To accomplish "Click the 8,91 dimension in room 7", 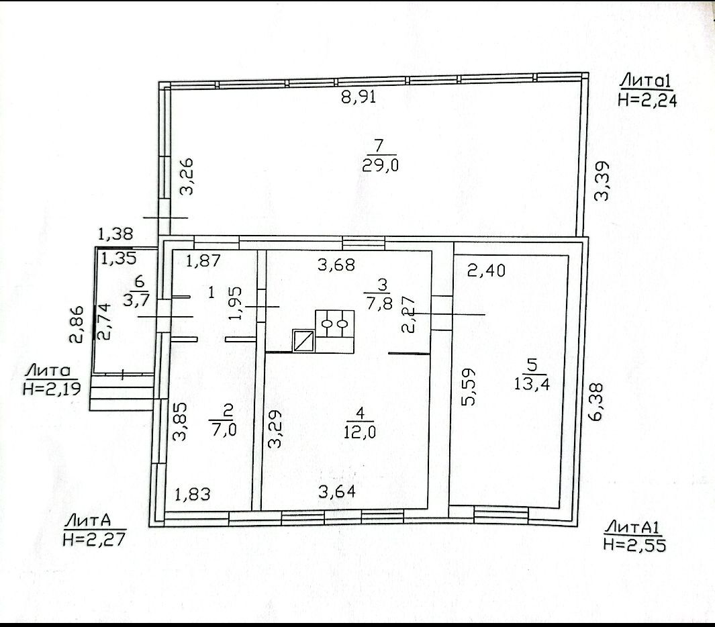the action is [x=359, y=97].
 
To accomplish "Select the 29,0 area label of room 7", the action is [x=380, y=164].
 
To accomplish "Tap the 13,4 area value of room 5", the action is [x=532, y=383].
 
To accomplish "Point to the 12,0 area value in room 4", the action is [x=360, y=432].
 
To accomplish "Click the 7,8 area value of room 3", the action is [x=379, y=303].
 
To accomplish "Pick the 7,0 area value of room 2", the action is [x=224, y=429].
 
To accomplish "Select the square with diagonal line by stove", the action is [x=303, y=340].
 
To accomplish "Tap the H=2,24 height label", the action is [x=647, y=100].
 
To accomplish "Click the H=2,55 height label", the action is [x=634, y=544].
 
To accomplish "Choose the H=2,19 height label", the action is [x=52, y=389].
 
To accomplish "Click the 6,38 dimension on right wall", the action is [x=596, y=401].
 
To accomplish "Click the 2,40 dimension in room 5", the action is [x=487, y=271].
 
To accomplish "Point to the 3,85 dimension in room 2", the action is [x=180, y=421].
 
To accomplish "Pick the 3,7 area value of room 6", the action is [x=135, y=301].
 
